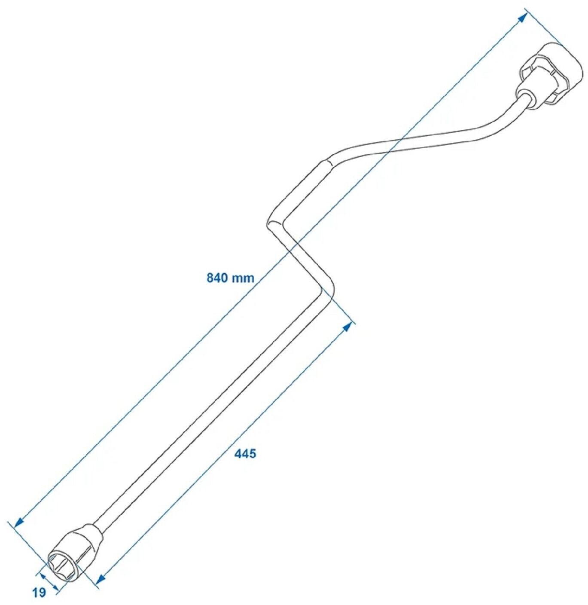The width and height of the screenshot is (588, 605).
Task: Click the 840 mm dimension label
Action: click(x=230, y=278)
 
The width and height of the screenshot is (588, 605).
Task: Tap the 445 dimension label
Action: click(x=245, y=453)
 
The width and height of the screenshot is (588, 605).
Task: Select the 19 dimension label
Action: click(x=39, y=593)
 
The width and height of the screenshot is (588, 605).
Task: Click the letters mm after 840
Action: click(x=243, y=278)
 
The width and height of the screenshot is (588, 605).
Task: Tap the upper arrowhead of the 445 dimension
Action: click(x=348, y=327)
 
